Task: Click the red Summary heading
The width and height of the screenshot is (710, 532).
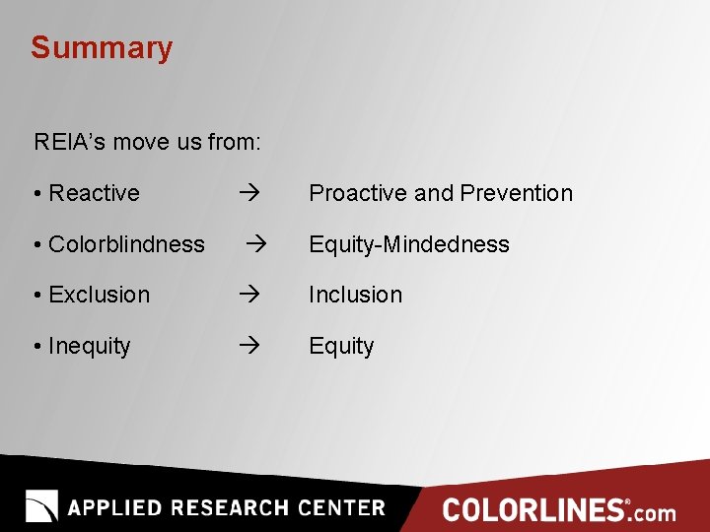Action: [101, 48]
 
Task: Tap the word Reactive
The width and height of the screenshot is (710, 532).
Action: [94, 193]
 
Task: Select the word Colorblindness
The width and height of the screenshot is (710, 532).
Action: [126, 244]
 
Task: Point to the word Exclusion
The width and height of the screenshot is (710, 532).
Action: [99, 295]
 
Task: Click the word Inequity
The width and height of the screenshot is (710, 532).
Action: [89, 346]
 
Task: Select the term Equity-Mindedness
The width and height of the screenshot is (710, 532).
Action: [409, 244]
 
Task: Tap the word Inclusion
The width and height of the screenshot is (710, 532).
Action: [355, 295]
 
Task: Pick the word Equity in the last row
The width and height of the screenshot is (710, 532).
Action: [341, 346]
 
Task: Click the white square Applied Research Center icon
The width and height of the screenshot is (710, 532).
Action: [41, 505]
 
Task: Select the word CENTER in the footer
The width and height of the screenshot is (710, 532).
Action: [341, 508]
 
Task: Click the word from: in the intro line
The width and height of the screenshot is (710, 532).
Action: [234, 142]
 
